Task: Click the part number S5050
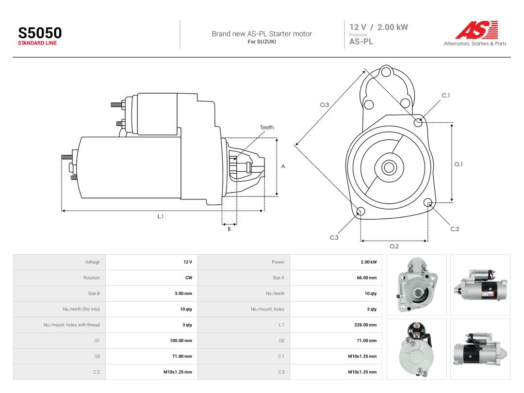point(40,33)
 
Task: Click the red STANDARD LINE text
point(37,43)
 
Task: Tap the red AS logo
point(477,30)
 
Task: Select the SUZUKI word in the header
point(266,42)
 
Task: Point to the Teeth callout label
point(267,127)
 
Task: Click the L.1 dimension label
point(161,216)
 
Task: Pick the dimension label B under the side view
point(229,229)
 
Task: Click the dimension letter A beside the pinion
point(283,166)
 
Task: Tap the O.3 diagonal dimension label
point(325,105)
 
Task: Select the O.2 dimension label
point(394,246)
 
